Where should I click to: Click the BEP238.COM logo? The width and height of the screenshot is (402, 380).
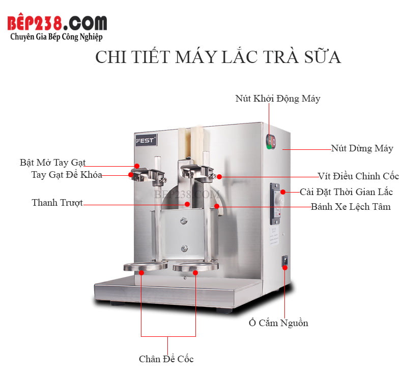click(x=58, y=23)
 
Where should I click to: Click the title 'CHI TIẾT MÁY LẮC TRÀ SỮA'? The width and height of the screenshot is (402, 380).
click(x=218, y=57)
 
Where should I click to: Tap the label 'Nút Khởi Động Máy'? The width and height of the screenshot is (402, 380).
click(x=277, y=99)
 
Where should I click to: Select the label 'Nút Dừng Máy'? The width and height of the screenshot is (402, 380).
click(x=362, y=148)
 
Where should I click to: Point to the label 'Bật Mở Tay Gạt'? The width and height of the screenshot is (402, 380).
click(x=52, y=163)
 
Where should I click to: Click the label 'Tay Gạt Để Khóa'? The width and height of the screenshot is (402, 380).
click(x=66, y=175)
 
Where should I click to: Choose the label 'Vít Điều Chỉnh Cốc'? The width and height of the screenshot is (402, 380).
click(x=358, y=176)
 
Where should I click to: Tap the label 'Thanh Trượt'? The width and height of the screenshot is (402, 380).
click(x=57, y=203)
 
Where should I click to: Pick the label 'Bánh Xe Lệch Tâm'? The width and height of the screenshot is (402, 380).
click(x=351, y=206)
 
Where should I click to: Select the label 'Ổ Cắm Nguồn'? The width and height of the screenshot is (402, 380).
click(x=278, y=323)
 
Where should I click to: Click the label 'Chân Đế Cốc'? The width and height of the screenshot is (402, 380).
click(x=166, y=359)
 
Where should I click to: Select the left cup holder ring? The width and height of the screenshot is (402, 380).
click(x=145, y=267)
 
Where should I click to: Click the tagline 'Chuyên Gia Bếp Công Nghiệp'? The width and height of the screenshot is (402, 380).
click(x=56, y=37)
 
